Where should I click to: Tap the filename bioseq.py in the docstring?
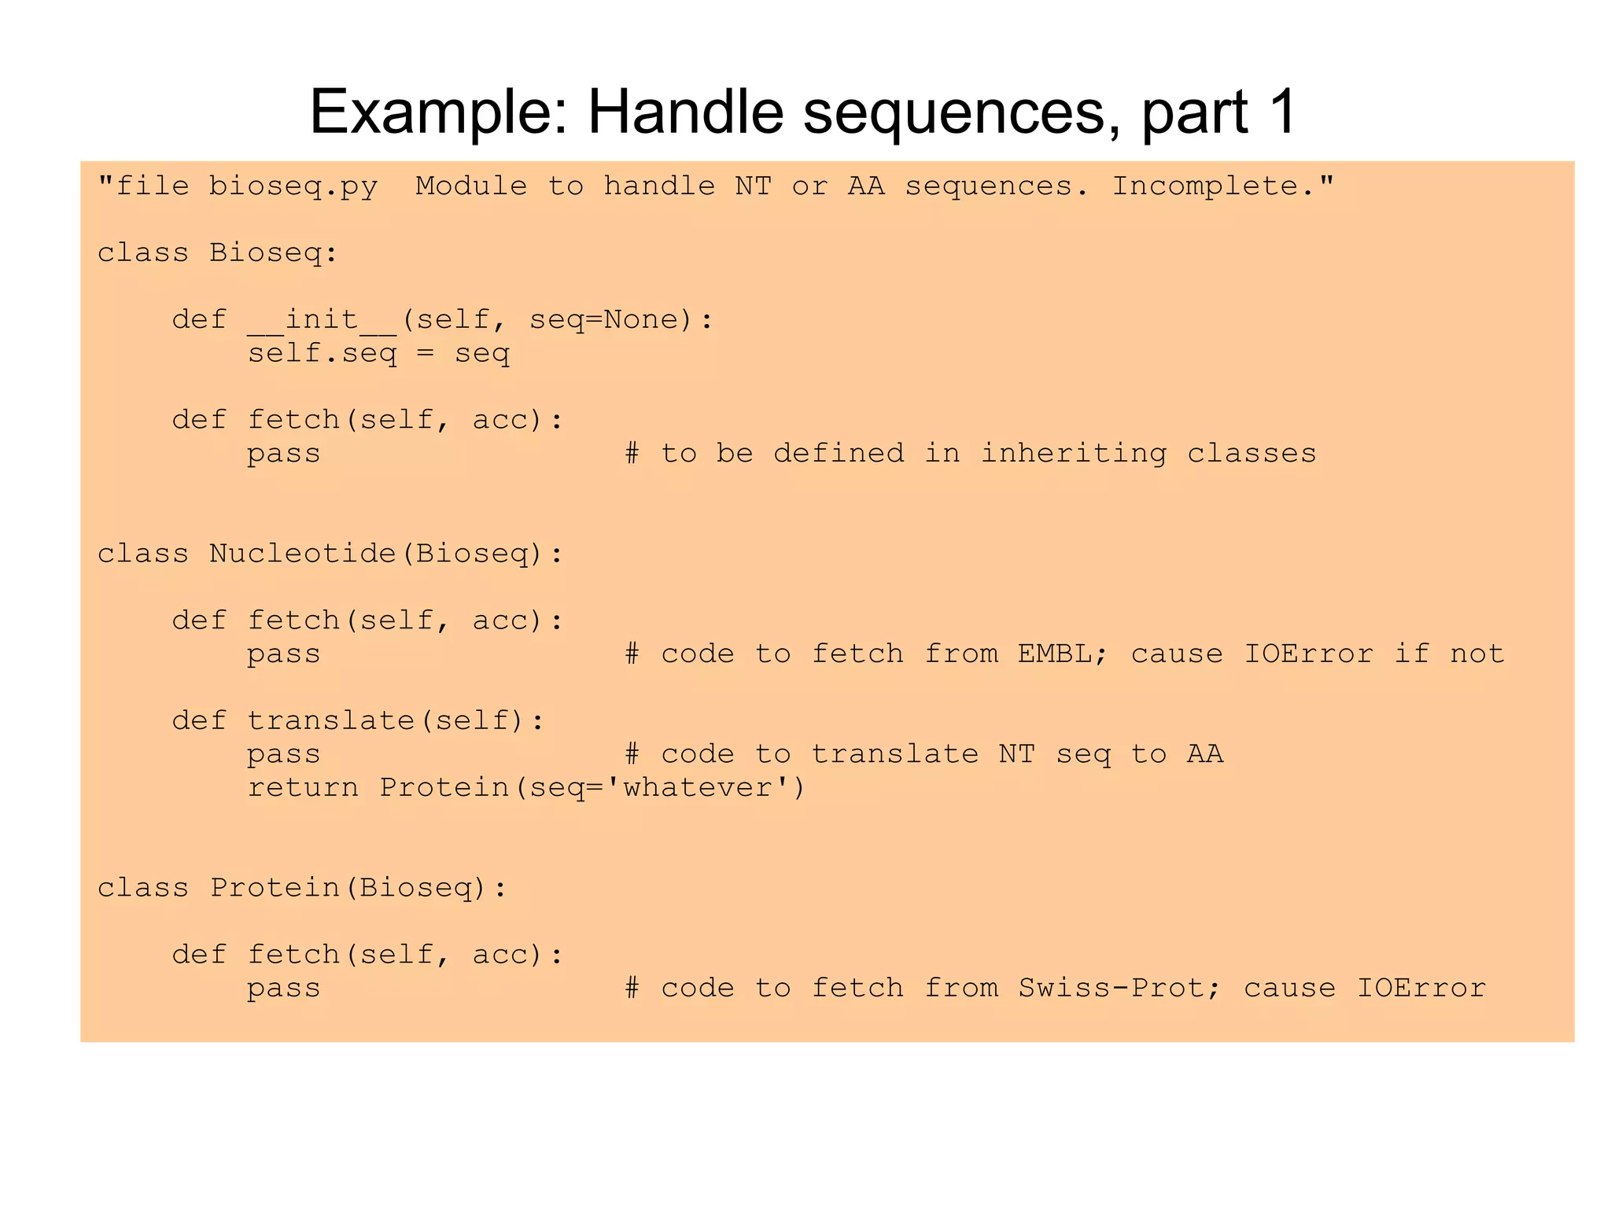click(x=293, y=187)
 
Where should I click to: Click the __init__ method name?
click(x=322, y=320)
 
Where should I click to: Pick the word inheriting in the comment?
click(x=1073, y=454)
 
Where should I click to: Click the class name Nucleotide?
click(x=302, y=554)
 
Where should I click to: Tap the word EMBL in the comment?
click(x=1054, y=654)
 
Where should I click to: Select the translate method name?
click(x=330, y=720)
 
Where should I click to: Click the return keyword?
click(x=303, y=787)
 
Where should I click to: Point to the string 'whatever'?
click(x=697, y=787)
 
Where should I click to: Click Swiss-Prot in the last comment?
click(x=1111, y=988)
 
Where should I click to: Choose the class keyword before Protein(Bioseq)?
click(x=142, y=888)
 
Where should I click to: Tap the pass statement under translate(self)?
click(x=283, y=754)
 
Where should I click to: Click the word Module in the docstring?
click(x=470, y=186)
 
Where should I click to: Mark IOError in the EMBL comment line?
click(x=1308, y=654)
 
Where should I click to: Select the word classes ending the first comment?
click(x=1251, y=454)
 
